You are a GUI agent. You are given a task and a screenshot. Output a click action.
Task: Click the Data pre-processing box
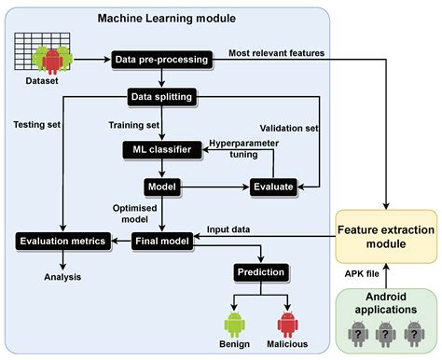[x=161, y=59]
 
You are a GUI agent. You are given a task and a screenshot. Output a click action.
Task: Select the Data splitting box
[x=160, y=96]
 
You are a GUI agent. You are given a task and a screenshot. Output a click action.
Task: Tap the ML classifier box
[x=160, y=149]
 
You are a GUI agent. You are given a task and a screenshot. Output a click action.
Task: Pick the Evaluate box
[x=272, y=187]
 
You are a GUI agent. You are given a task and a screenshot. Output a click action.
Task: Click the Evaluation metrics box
[x=62, y=242]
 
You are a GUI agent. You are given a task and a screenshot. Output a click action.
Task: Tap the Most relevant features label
[x=277, y=52]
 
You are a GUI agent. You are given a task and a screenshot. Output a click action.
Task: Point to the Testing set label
[x=38, y=121]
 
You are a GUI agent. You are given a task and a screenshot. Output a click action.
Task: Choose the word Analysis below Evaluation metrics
[x=62, y=276]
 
